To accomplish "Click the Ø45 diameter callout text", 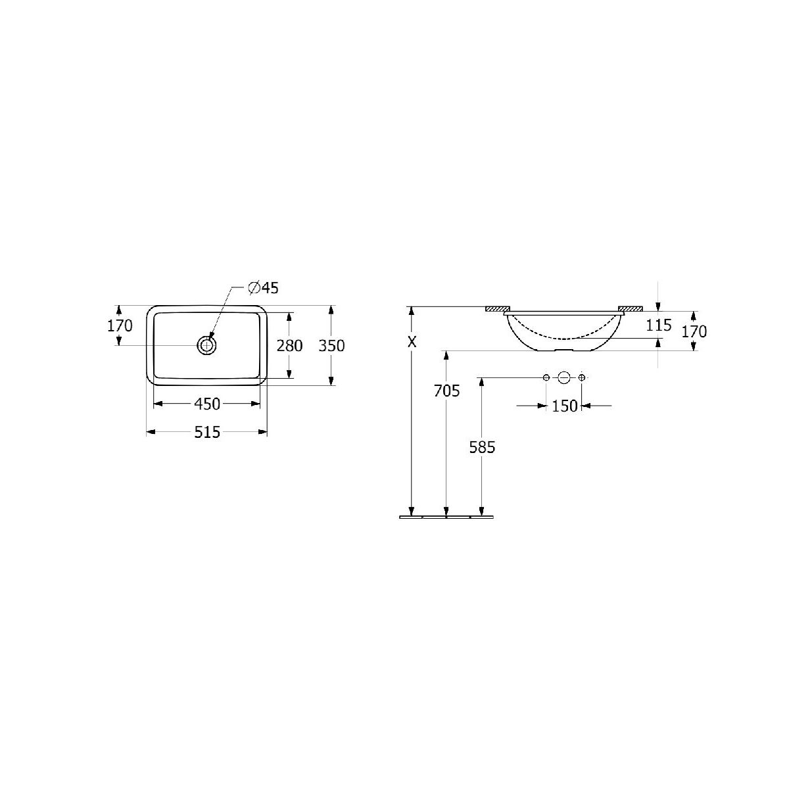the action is tap(263, 288).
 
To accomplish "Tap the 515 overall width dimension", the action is tap(207, 432).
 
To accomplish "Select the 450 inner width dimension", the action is tap(207, 404).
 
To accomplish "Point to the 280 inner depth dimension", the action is tap(289, 346).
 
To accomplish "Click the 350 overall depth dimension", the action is tap(331, 346).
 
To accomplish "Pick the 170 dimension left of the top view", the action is tap(120, 326).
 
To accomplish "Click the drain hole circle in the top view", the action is tap(207, 346).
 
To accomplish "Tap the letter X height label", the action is tap(412, 342).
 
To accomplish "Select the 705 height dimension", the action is tap(446, 391).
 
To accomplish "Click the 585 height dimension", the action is tap(482, 447).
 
